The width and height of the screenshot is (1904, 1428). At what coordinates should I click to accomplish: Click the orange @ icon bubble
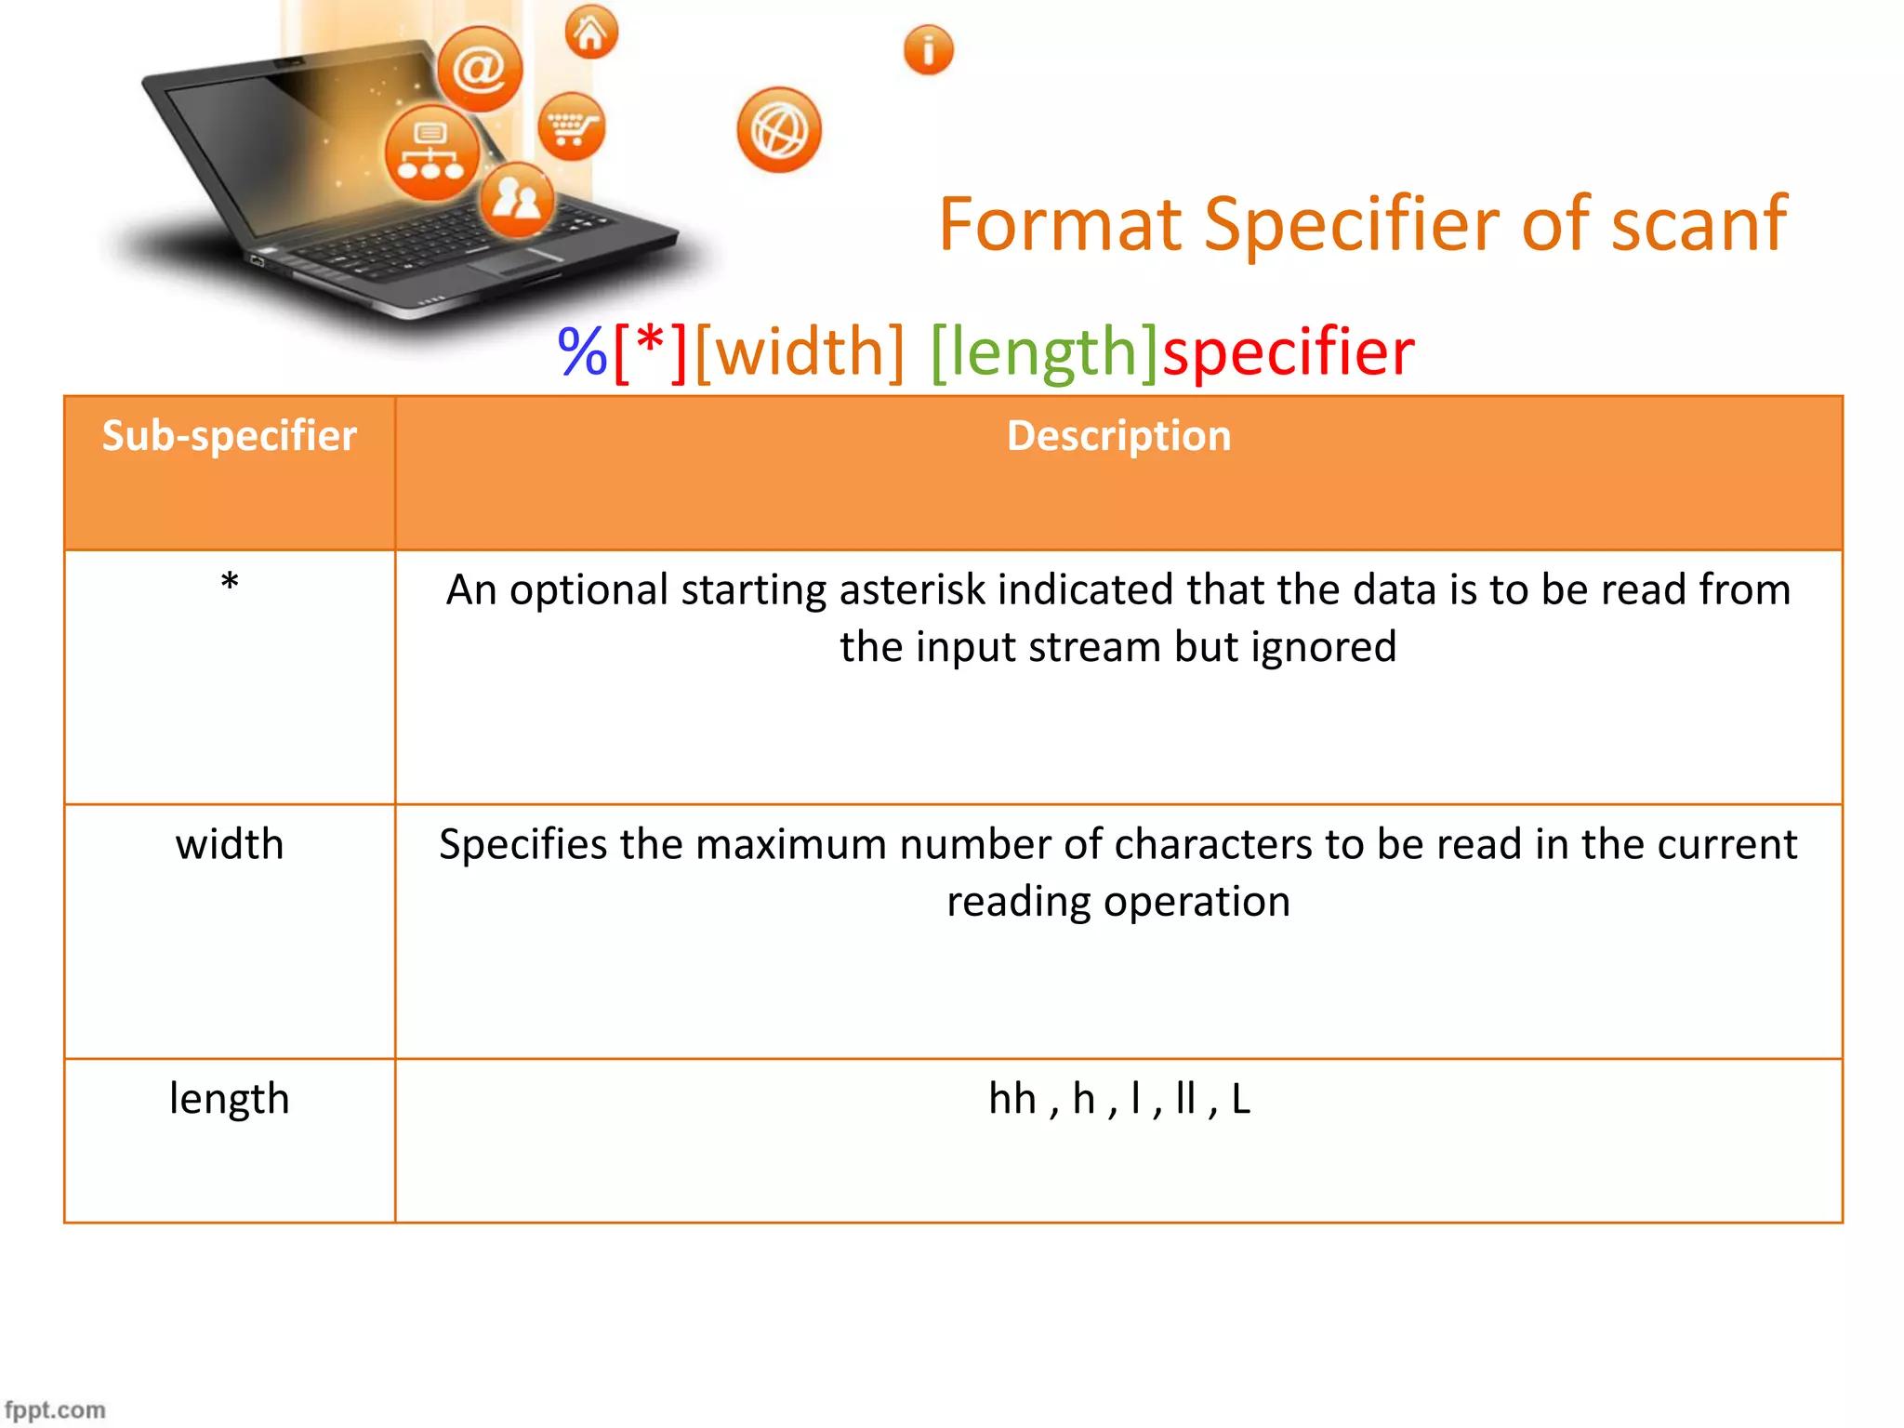pos(480,69)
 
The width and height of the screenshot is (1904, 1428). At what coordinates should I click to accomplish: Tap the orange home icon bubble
pos(591,33)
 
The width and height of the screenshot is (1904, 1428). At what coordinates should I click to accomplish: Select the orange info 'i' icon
pos(928,50)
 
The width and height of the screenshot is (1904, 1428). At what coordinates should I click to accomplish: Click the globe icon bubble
pos(779,130)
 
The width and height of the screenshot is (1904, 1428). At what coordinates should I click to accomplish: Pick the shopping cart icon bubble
pos(571,126)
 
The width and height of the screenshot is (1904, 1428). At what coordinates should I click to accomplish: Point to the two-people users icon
pos(517,199)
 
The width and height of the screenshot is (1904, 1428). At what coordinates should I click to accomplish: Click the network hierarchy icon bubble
pos(431,152)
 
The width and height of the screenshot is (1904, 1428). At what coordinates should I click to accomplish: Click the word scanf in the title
pos(1698,224)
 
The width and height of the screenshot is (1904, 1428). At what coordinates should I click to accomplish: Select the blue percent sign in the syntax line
pos(582,351)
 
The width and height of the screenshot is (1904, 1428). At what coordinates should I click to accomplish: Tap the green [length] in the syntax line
pos(1044,351)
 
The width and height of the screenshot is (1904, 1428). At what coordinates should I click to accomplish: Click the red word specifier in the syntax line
pos(1289,351)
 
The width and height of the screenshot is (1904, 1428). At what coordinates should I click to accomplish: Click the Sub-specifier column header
pos(229,436)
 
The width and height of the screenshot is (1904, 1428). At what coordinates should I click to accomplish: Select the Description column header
pos(1118,436)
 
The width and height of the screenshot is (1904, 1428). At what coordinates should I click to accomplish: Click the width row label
pos(230,844)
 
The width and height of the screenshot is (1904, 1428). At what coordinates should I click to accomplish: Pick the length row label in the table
pos(230,1099)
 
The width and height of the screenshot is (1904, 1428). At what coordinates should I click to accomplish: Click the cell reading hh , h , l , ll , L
pos(1118,1099)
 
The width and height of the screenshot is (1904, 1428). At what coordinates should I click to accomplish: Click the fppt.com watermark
pos(55,1409)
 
